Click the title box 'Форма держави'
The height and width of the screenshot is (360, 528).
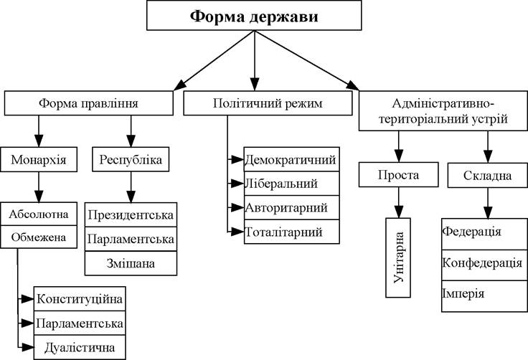click(254, 16)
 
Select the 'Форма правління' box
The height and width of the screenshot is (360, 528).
click(88, 103)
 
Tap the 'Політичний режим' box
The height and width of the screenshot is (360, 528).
click(268, 103)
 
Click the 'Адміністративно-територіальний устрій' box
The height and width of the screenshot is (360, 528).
click(443, 110)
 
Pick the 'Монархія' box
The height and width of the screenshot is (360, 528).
click(39, 159)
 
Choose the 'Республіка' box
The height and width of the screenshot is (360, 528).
click(131, 159)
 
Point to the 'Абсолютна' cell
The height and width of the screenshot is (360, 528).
click(39, 214)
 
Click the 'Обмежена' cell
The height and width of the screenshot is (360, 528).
click(39, 237)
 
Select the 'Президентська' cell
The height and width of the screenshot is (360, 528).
click(131, 214)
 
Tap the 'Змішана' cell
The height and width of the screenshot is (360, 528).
click(131, 263)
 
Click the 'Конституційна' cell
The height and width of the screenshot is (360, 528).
click(80, 299)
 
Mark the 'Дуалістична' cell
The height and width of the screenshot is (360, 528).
click(80, 347)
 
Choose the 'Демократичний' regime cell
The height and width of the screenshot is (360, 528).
click(291, 159)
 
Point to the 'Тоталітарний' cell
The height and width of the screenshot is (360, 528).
click(291, 232)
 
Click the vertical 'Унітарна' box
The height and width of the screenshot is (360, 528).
click(398, 257)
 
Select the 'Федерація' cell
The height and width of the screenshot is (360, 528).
click(484, 234)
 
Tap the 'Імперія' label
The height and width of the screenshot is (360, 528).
click(463, 293)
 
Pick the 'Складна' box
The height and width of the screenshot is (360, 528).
click(488, 175)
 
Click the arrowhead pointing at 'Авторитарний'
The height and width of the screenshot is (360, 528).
click(237, 207)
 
